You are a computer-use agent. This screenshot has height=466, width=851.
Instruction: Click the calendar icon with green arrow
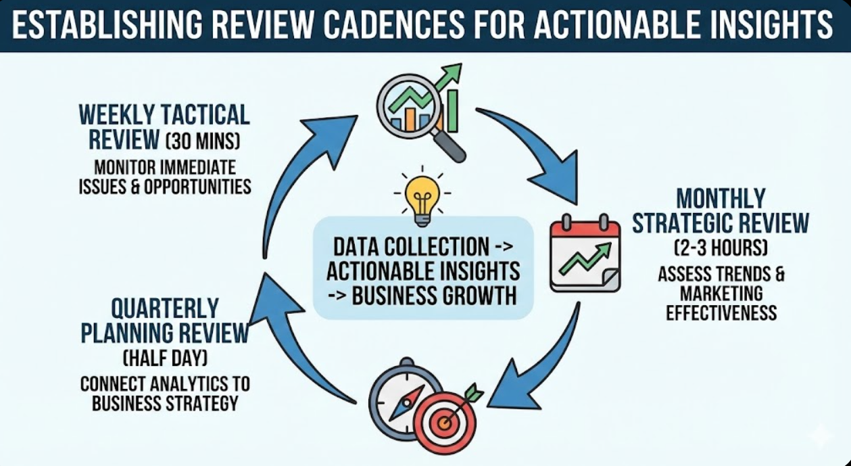(x=585, y=254)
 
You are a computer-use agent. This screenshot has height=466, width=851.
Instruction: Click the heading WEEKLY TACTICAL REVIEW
(x=164, y=126)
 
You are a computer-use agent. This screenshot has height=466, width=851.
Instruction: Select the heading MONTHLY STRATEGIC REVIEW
(x=721, y=210)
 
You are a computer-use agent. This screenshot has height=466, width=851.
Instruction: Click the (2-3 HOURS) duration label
(x=721, y=248)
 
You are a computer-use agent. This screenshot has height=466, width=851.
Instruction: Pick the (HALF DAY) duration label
(x=164, y=358)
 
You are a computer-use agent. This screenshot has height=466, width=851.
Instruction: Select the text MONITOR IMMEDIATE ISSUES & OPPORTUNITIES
(x=164, y=176)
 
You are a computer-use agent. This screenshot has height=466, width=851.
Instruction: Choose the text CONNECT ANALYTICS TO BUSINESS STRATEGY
(x=164, y=394)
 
